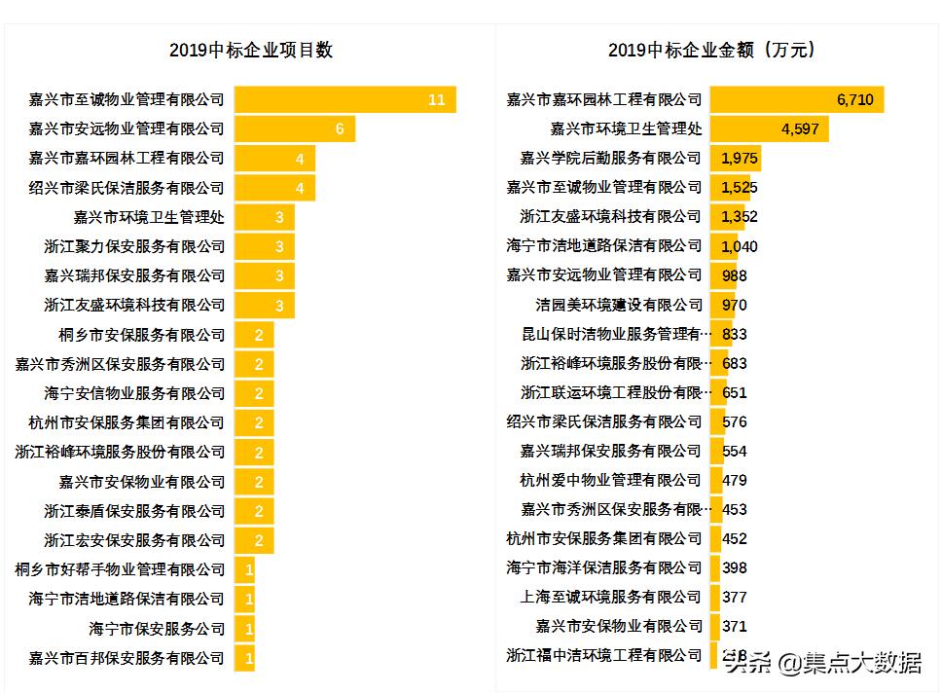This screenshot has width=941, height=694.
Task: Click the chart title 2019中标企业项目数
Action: pos(250,51)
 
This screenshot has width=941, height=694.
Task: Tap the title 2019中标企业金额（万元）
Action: pos(717,51)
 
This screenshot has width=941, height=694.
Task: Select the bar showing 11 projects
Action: pos(344,99)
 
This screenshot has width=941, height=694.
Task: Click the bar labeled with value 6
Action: pos(294,128)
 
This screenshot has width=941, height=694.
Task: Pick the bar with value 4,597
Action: pos(769,128)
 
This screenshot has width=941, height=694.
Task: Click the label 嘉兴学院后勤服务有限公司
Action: pos(610,158)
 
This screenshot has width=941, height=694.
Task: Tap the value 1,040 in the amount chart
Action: pos(739,246)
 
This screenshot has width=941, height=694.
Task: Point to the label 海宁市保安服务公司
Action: pos(156,629)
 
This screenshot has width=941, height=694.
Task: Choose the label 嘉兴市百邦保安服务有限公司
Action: pos(127,658)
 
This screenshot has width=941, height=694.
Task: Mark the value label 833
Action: pos(735,334)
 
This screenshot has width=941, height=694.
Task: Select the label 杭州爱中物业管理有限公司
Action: pos(610,480)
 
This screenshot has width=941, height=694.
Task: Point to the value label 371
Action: pos(735,626)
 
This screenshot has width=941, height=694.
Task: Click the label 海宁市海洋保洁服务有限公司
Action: pos(603,567)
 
